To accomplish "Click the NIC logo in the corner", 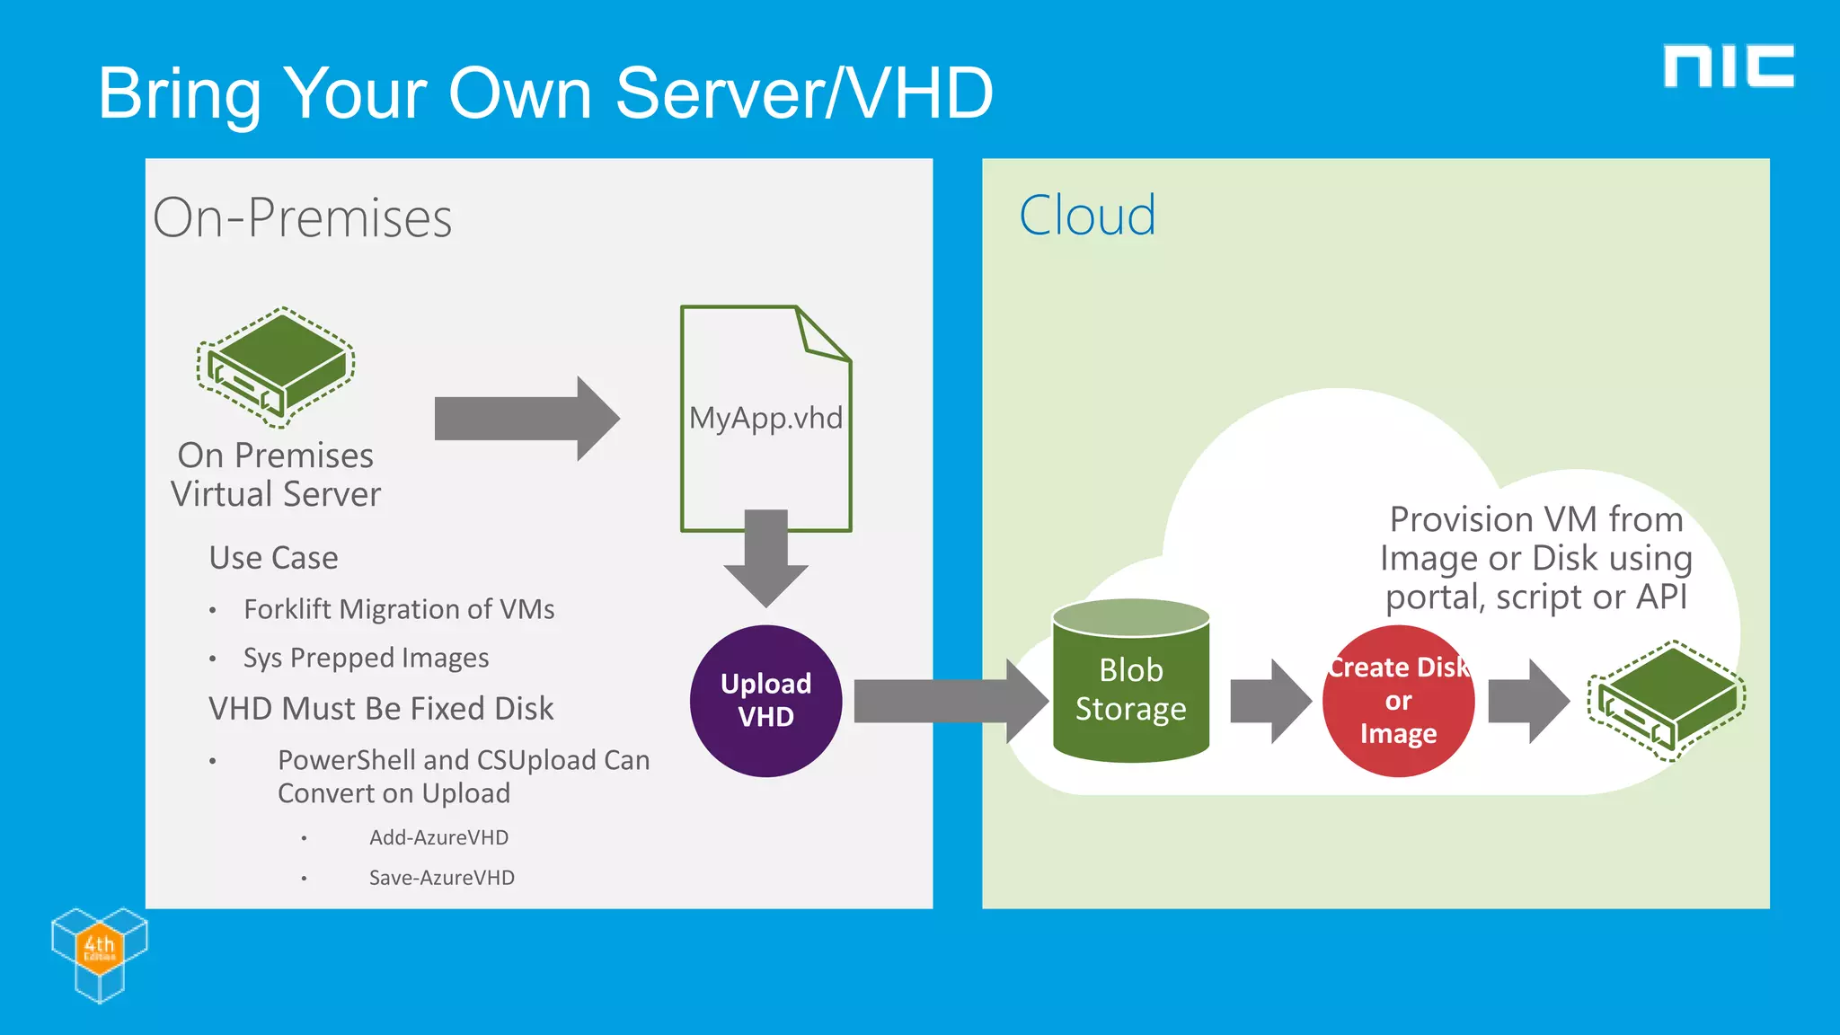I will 1728,66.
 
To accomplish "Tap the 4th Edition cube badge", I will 99,952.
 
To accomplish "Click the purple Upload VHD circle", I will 765,701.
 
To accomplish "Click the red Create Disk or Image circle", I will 1398,701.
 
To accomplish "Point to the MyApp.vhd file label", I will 765,419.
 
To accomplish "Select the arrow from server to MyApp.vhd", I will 526,419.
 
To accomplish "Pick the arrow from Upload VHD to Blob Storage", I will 948,701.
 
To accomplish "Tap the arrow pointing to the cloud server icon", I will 1527,701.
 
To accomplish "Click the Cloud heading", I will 1087,217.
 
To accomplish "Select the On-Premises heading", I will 302,218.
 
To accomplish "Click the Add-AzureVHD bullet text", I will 438,837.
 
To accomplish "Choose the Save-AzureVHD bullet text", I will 441,878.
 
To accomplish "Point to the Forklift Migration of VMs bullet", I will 399,609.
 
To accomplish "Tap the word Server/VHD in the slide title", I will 804,93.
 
